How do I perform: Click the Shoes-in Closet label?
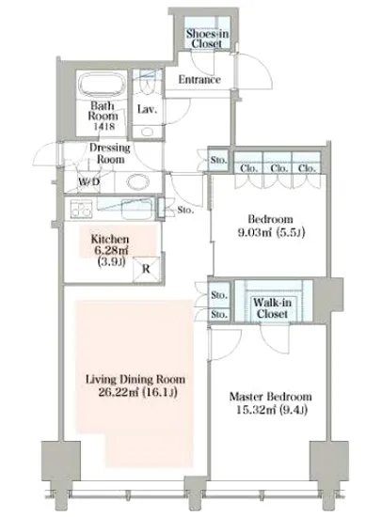207,39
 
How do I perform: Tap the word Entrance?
199,79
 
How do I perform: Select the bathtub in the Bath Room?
103,85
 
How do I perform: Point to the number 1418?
104,126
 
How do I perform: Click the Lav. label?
147,109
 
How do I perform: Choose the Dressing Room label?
110,153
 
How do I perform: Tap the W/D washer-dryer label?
89,181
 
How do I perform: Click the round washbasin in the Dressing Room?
138,182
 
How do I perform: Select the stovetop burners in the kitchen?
81,210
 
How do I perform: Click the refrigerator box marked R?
146,269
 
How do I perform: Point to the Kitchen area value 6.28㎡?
111,251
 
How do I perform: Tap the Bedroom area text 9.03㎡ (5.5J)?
271,232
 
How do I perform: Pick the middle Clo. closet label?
279,168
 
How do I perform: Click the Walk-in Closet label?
273,308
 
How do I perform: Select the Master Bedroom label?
271,397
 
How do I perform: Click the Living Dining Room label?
135,379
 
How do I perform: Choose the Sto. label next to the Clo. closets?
218,160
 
